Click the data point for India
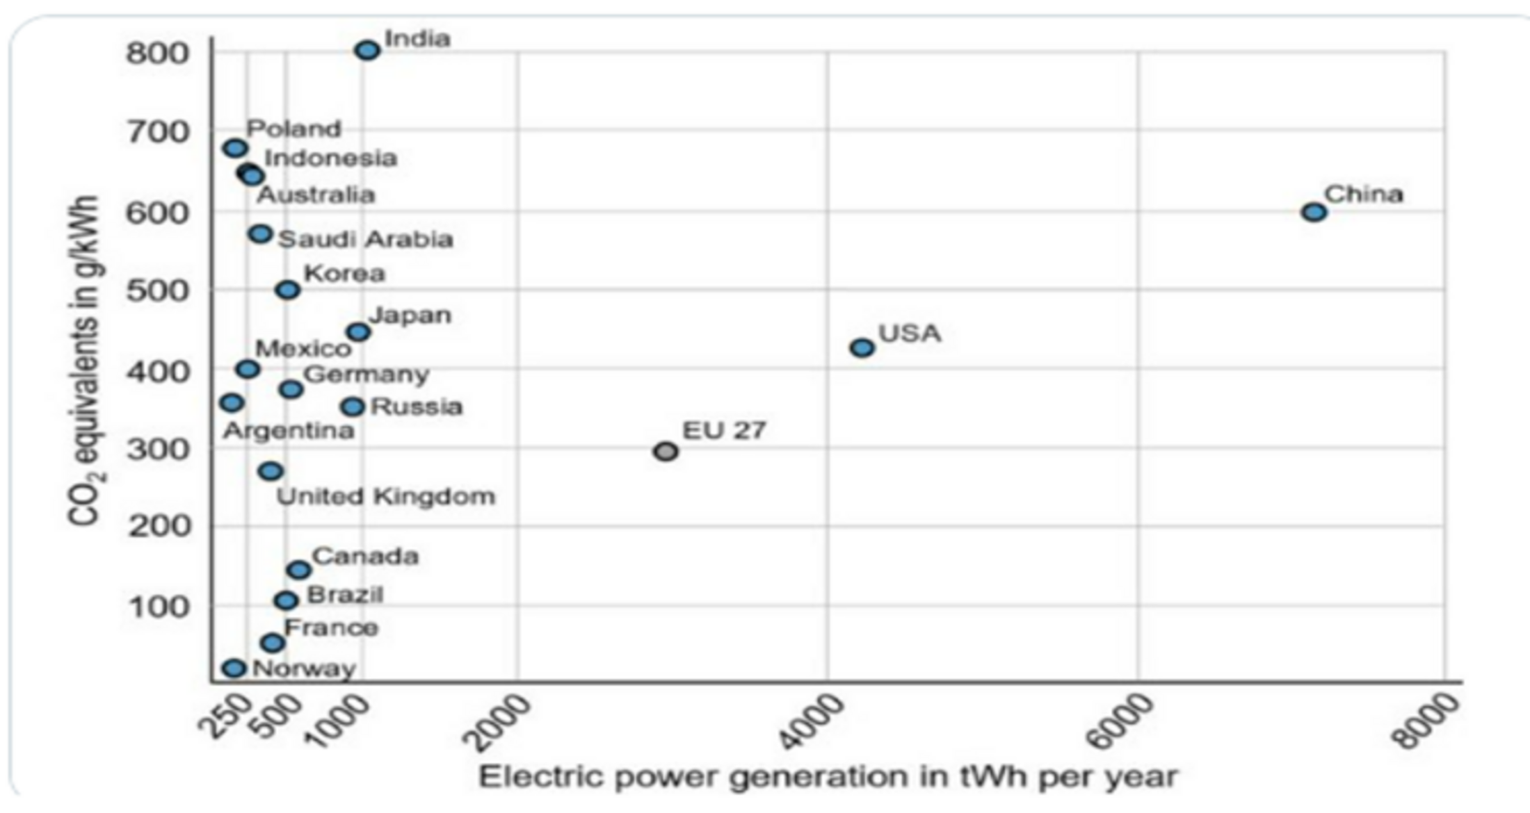point(367,50)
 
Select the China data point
point(1314,212)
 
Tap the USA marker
point(862,347)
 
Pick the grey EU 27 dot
point(666,452)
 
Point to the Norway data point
point(234,668)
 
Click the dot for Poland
point(236,148)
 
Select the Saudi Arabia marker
point(260,234)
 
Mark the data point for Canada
point(299,570)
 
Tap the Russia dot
point(353,406)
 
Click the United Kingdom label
point(386,497)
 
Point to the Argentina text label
point(289,431)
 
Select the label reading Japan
point(410,315)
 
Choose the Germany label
point(367,375)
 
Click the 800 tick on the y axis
point(157,53)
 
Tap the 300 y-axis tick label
point(157,450)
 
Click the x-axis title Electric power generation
point(828,777)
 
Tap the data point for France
point(273,643)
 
